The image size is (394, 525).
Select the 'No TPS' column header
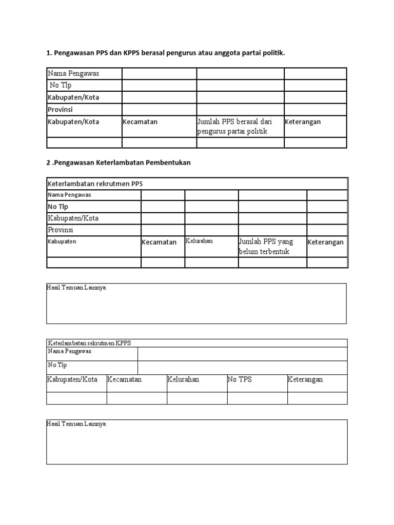pyautogui.click(x=240, y=380)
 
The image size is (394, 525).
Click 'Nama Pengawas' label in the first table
pyautogui.click(x=73, y=73)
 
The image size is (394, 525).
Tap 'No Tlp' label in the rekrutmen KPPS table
pyautogui.click(x=57, y=365)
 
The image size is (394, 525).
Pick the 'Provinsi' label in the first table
pyautogui.click(x=61, y=109)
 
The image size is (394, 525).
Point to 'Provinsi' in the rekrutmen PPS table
pyautogui.click(x=61, y=230)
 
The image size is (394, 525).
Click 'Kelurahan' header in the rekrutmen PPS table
pyautogui.click(x=199, y=240)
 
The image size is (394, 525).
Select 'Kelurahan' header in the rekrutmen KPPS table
pyautogui.click(x=183, y=380)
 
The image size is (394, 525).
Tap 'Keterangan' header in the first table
pyautogui.click(x=303, y=122)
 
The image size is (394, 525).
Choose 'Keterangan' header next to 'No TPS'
pyautogui.click(x=305, y=380)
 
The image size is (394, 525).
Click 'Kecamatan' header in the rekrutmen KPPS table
pyautogui.click(x=124, y=380)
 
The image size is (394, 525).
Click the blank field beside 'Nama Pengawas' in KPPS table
pyautogui.click(x=242, y=354)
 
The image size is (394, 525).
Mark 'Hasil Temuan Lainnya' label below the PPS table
pyautogui.click(x=77, y=288)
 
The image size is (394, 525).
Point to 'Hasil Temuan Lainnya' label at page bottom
pyautogui.click(x=77, y=425)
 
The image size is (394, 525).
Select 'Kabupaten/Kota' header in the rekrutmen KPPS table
pyautogui.click(x=72, y=380)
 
